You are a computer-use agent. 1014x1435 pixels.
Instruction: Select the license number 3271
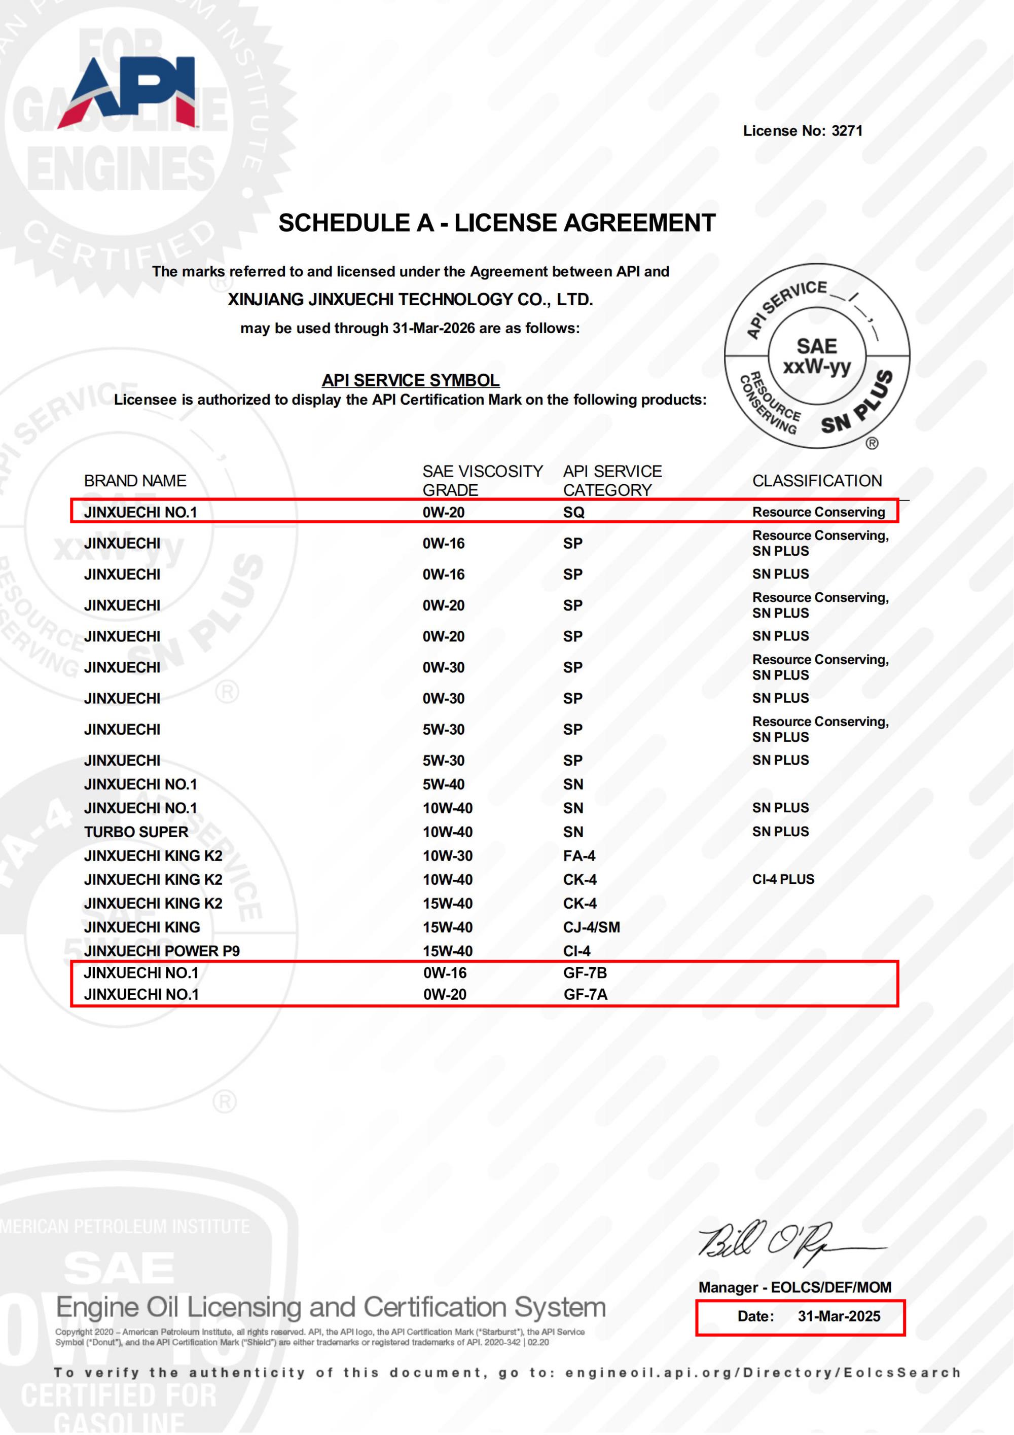pos(847,131)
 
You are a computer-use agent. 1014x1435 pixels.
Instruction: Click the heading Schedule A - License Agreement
pos(497,223)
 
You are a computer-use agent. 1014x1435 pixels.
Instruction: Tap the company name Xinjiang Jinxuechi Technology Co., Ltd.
pos(410,299)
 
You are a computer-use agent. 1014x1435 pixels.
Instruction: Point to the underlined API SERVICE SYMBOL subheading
pos(411,380)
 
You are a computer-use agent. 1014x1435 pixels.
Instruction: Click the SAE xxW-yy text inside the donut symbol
pos(817,356)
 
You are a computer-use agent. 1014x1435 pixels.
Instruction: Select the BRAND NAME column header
pos(135,481)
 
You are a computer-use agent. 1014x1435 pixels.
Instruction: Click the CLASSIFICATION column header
pos(817,481)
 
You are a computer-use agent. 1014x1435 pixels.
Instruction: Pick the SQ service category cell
pos(573,513)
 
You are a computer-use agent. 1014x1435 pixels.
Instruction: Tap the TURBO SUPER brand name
pos(136,832)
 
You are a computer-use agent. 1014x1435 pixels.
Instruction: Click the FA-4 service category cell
pos(579,855)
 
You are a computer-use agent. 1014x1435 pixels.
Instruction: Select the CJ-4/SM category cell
pos(591,927)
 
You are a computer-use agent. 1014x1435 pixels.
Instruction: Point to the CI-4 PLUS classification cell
pos(783,879)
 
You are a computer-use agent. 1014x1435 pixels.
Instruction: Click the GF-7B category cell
pos(585,973)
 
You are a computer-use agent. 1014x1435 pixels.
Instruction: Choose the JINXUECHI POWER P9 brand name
pos(162,951)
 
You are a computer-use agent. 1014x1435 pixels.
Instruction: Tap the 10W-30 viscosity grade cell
pos(447,855)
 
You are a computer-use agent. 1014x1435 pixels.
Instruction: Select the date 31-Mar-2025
pos(839,1316)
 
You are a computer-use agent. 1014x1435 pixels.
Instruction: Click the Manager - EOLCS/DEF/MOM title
pos(794,1287)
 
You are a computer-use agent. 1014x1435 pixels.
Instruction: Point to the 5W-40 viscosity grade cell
pos(444,784)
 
